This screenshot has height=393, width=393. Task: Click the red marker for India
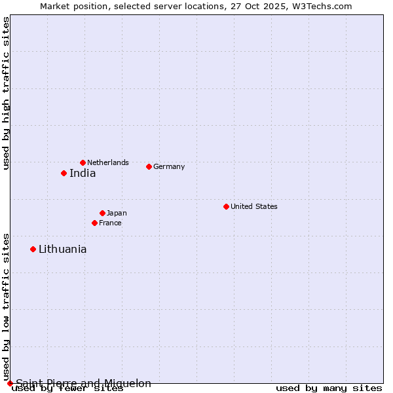pos(64,173)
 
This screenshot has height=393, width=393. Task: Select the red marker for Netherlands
pos(83,162)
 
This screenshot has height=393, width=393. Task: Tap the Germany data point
pos(149,166)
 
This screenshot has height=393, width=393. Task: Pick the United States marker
pos(226,206)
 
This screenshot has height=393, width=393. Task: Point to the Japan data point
pos(102,213)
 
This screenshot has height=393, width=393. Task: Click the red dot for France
pos(94,223)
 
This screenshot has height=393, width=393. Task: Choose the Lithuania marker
pos(33,249)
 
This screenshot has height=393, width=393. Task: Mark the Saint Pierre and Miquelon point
pos(10,383)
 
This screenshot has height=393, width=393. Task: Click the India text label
pos(83,174)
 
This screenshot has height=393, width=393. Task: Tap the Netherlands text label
pos(108,162)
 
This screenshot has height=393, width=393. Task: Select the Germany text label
pos(169,166)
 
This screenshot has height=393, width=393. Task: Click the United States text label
pos(254,206)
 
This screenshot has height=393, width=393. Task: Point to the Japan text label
pos(117,213)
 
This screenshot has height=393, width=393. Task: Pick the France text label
pos(110,223)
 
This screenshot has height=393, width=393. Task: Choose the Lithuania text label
pos(62,249)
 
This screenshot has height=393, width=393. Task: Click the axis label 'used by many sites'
pos(329,388)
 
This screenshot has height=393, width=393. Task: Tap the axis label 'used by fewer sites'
pos(67,388)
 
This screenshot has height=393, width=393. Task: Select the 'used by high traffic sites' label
pos(6,93)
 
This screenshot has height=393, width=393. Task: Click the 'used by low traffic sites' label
pos(6,306)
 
